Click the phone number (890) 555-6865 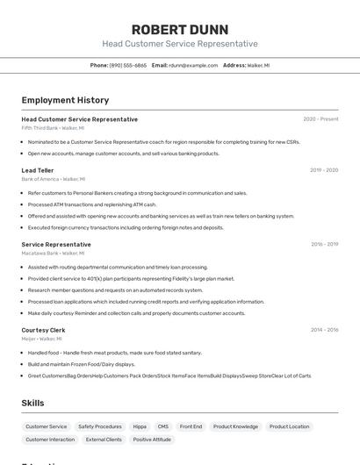click(128, 65)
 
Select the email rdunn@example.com click(193, 65)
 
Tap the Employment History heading click(65, 100)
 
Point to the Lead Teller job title click(38, 170)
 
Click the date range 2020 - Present click(320, 119)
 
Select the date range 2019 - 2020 click(324, 170)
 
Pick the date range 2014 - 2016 click(324, 330)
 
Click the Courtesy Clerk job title click(43, 330)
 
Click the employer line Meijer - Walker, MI click(41, 339)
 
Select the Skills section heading click(33, 403)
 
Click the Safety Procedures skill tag click(100, 426)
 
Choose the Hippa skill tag click(140, 426)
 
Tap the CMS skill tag click(163, 426)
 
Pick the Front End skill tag click(191, 426)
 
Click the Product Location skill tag click(287, 426)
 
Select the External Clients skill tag click(104, 440)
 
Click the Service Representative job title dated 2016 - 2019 click(56, 245)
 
